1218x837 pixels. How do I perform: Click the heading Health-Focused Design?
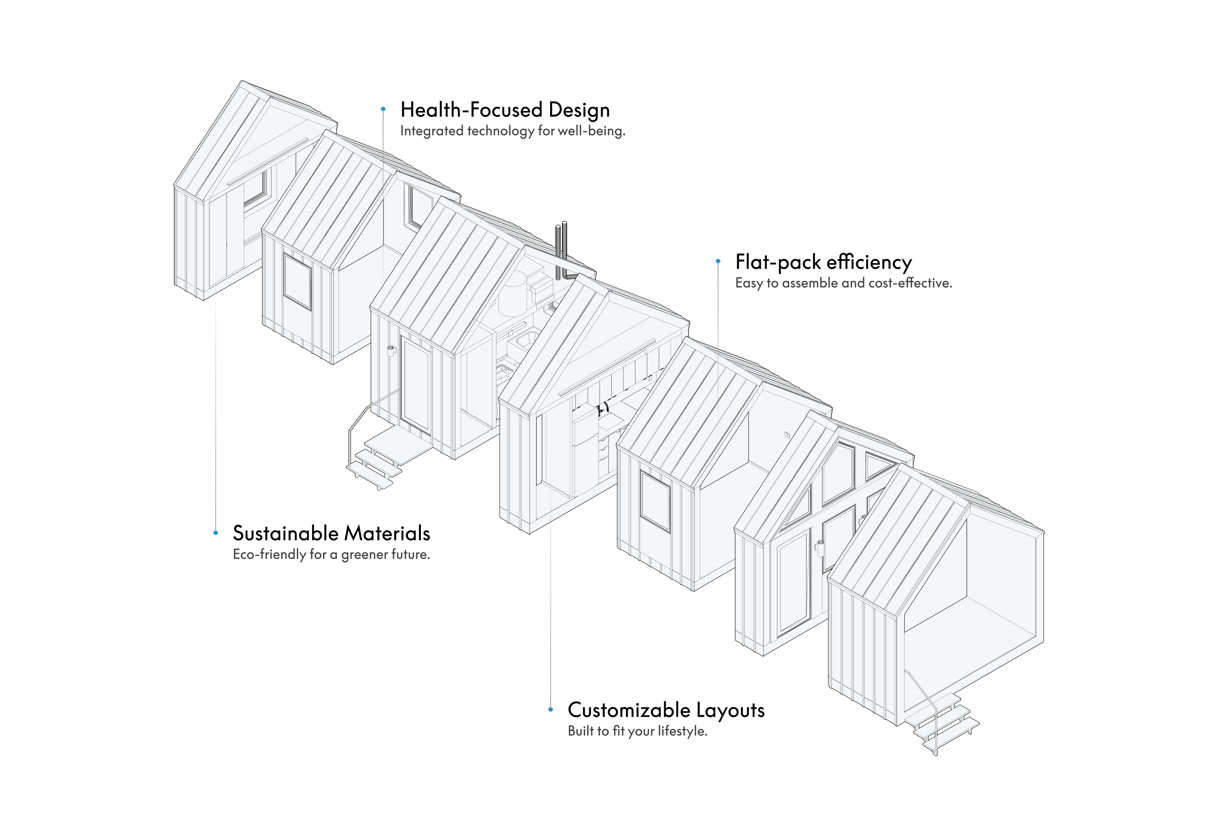(505, 110)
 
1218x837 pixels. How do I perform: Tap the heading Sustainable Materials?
(331, 533)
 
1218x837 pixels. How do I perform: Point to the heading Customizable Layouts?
(666, 710)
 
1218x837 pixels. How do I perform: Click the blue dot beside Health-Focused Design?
(383, 109)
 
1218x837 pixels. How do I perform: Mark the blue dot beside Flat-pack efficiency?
(718, 261)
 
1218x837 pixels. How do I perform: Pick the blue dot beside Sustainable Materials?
(216, 533)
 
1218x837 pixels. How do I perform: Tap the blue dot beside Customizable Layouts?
(550, 710)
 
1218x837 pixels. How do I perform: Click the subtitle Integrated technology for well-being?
(513, 131)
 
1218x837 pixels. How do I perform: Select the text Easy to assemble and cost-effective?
(843, 283)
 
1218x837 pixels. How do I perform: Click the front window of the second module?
(298, 282)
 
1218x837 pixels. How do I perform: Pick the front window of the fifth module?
(655, 501)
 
